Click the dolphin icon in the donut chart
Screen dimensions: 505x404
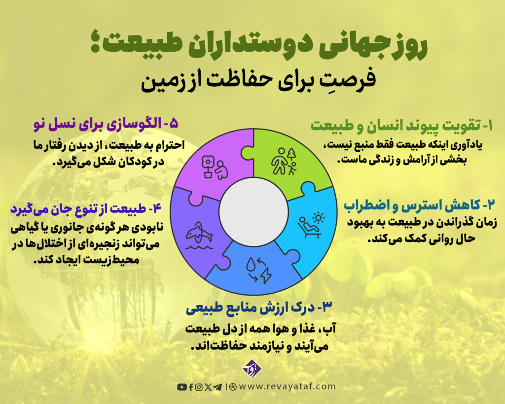coord(199,236)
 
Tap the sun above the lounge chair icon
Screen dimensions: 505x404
coord(319,218)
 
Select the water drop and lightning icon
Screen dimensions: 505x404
coord(258,269)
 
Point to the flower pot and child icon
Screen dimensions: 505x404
coord(214,167)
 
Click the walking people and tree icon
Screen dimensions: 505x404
coord(284,161)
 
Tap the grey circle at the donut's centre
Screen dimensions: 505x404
coord(253,212)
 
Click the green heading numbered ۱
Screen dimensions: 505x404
coord(401,125)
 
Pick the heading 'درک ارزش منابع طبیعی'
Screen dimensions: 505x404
coord(259,307)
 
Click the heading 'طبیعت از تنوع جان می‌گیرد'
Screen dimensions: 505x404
coord(86,209)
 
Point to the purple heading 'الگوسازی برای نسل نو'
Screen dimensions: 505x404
coord(106,124)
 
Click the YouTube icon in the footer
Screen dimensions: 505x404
coord(181,387)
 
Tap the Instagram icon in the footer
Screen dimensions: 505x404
coord(199,387)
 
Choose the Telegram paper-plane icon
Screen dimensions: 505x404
coord(217,387)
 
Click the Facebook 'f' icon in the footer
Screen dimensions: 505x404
coord(191,387)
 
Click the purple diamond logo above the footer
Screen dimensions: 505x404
coord(252,369)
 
